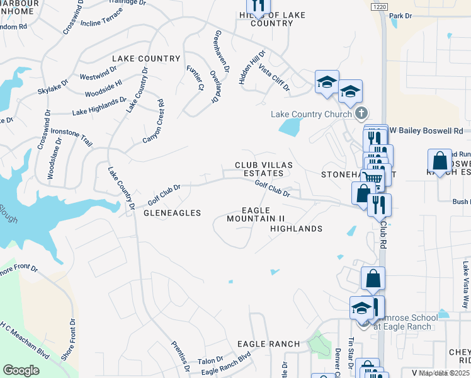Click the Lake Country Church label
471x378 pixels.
311,114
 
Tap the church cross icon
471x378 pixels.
360,114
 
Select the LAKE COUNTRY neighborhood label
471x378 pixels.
146,59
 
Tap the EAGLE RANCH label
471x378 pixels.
268,343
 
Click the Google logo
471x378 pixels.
21,370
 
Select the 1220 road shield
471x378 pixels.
378,6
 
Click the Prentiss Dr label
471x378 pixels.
181,356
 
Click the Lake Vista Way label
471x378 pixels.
465,277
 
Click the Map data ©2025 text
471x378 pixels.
445,373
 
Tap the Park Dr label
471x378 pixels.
400,15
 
